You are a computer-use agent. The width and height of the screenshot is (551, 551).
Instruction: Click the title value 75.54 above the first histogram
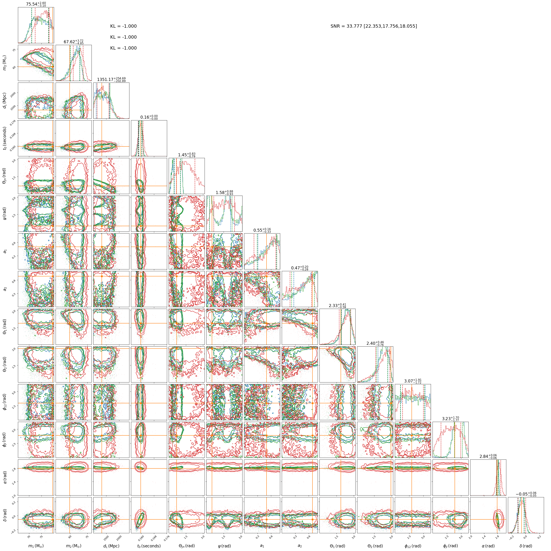pos(36,4)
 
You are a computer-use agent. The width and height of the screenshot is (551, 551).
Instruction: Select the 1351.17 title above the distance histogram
pos(111,80)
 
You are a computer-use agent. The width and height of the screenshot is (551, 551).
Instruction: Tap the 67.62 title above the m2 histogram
pos(74,42)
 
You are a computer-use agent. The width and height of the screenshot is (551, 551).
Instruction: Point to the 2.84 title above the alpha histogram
pos(488,457)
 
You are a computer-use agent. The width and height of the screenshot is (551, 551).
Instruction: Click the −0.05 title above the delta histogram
pos(526,494)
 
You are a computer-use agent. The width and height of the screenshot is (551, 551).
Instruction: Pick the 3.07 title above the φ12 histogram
pos(413,381)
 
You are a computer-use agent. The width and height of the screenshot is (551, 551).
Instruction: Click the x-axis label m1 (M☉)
pos(36,546)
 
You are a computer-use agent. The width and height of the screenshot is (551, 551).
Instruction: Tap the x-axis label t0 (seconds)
pos(149,546)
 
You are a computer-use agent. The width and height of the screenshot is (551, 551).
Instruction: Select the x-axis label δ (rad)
pos(526,546)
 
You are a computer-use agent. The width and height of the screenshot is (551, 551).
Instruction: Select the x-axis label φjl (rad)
pos(450,546)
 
